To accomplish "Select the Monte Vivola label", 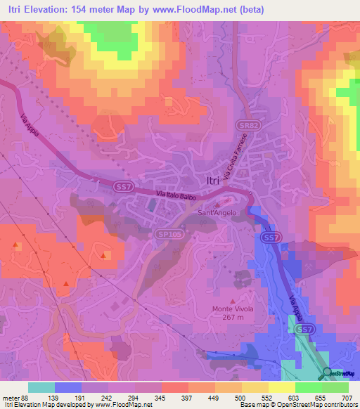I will [x=233, y=309].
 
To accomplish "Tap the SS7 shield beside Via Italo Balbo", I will [x=124, y=186].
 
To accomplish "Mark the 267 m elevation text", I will [x=233, y=317].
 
